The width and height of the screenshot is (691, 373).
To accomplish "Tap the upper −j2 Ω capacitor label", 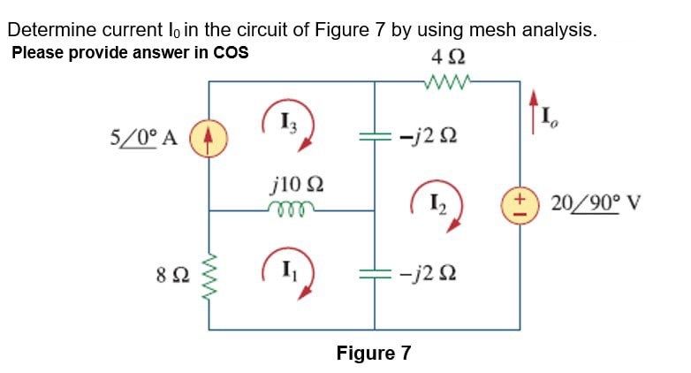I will coord(427,138).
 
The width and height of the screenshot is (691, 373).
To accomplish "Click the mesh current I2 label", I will coord(435,211).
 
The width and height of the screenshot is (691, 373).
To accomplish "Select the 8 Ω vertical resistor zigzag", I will coord(209,273).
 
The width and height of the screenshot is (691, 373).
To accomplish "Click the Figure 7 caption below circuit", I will coord(374,354).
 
